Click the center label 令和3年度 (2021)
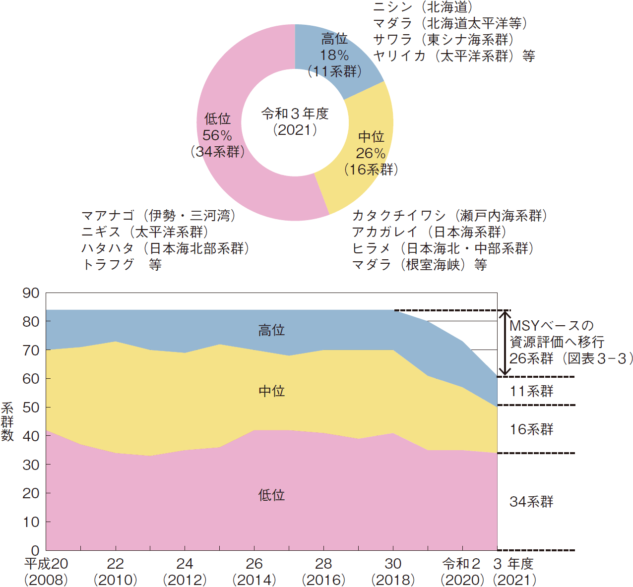(295, 121)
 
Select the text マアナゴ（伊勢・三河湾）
(158, 216)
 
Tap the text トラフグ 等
(122, 265)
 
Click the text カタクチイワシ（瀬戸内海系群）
(449, 216)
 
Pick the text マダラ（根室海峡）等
(419, 265)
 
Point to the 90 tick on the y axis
(31, 293)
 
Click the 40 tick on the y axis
(31, 436)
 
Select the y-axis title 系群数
(7, 421)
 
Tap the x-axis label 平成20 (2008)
(46, 571)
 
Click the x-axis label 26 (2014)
(254, 571)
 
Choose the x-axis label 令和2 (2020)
(462, 571)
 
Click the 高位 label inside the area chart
(271, 330)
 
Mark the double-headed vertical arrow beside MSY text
(505, 343)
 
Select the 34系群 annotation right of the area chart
(531, 502)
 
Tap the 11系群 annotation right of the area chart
(531, 391)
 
